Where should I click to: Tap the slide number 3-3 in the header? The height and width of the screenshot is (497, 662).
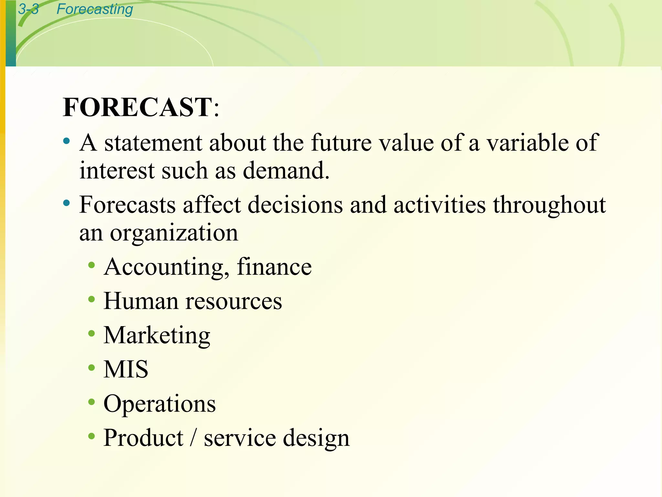pos(28,9)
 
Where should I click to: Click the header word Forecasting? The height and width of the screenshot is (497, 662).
pos(95,9)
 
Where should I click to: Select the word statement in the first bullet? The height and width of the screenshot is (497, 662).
pos(153,143)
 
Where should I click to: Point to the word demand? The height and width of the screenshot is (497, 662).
pos(286,171)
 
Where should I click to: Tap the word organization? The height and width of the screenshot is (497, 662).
pos(174,233)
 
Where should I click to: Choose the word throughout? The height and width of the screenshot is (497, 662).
pos(549,205)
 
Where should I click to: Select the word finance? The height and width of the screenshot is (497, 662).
pos(274,267)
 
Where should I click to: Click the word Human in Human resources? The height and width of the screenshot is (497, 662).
pos(141,301)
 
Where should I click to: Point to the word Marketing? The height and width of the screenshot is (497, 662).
pos(157,336)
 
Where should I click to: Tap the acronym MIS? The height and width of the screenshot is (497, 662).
pos(126,369)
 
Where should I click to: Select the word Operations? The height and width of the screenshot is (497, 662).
pos(159,404)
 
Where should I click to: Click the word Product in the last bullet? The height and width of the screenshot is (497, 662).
pos(144,438)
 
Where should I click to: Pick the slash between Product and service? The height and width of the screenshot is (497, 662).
pos(194,438)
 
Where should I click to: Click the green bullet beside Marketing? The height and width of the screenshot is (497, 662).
pos(91,333)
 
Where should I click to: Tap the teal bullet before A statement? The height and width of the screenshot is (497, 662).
pos(67,141)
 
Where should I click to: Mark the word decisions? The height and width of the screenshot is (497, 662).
pos(295,205)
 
